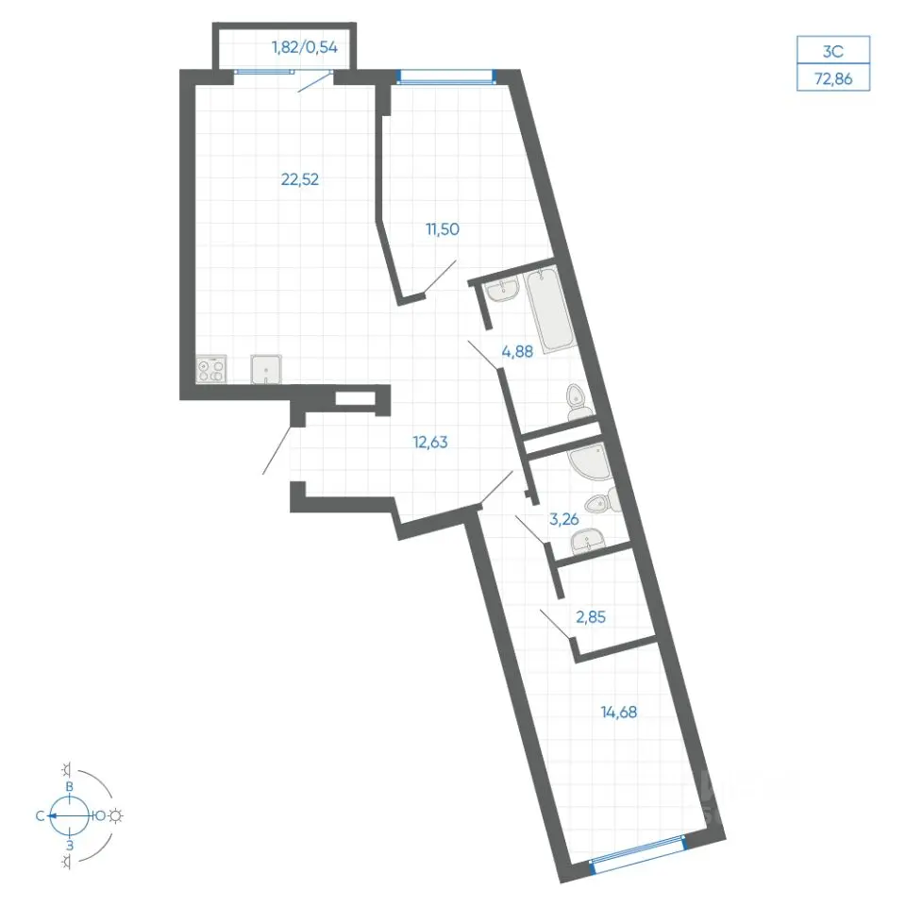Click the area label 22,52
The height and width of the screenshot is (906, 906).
pos(300,179)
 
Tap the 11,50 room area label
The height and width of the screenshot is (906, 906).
pos(443,228)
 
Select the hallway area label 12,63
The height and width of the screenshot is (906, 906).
pos(430,442)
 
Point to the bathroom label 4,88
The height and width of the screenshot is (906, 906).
pos(517,351)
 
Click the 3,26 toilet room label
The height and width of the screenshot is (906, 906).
pos(564,519)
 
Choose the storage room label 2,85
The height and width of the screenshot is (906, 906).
pos(591,617)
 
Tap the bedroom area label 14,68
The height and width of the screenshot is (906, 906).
pos(619,712)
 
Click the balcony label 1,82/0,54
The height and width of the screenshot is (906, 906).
pos(305,47)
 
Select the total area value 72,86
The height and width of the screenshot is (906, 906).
pos(833,78)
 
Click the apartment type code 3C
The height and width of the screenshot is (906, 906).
pos(833,51)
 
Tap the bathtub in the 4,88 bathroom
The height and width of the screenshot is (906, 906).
pos(550,310)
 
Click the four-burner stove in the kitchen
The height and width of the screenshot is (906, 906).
pos(210,369)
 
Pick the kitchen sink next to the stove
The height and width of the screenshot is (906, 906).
pos(266,369)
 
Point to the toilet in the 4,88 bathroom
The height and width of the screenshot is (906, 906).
pos(579,403)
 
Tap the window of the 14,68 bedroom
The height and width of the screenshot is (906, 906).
pos(638,851)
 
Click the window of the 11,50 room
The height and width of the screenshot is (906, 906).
pos(446,76)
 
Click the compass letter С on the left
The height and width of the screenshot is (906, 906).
pos(40,815)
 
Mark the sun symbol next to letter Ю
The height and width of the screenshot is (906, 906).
pos(116,815)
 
